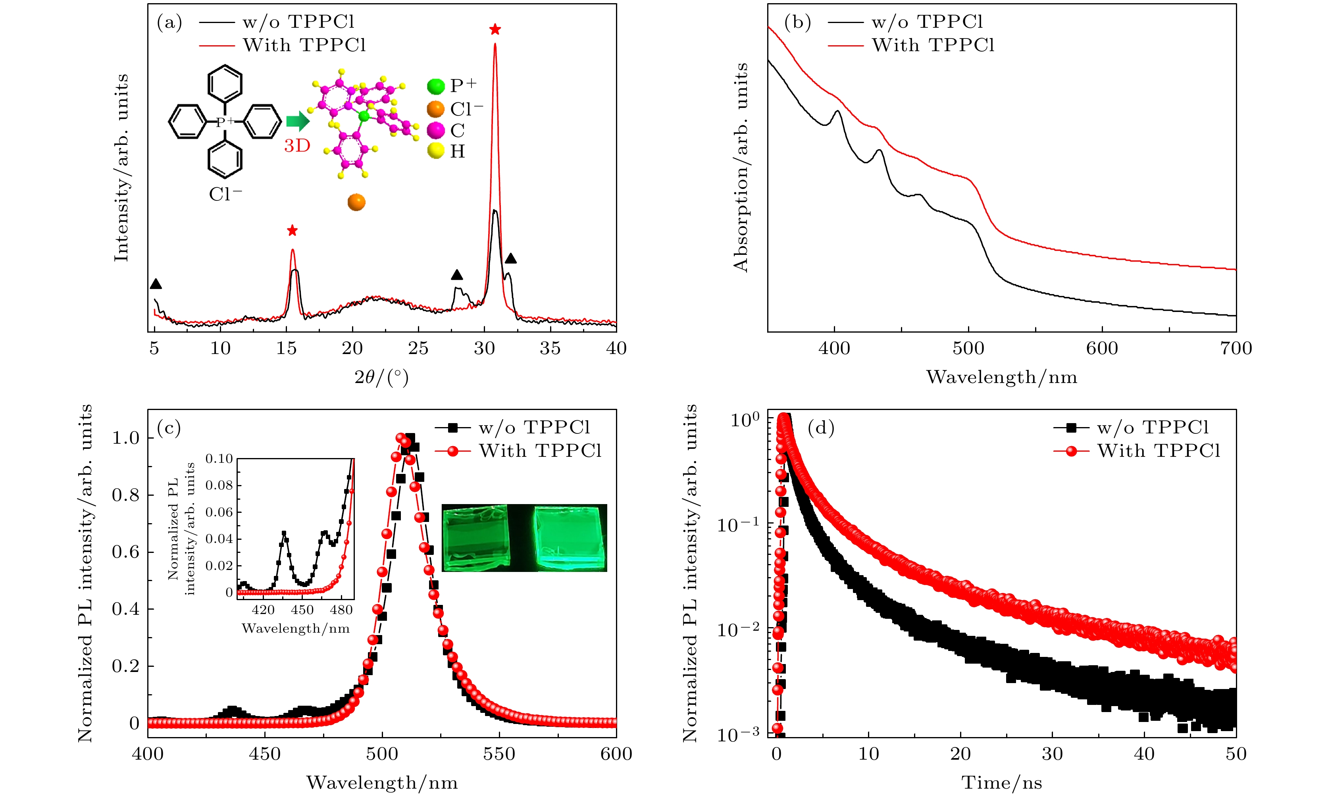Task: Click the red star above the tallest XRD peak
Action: click(495, 29)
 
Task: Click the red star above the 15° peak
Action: click(292, 231)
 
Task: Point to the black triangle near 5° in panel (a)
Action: click(156, 284)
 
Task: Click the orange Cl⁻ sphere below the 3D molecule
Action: click(356, 202)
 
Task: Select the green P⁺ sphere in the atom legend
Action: click(435, 86)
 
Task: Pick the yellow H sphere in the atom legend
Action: click(435, 151)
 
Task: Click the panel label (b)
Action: click(797, 23)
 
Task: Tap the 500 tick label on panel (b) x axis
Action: click(968, 348)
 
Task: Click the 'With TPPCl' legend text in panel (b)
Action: click(933, 45)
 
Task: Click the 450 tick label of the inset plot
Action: click(302, 610)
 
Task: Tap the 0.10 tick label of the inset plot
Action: click(219, 459)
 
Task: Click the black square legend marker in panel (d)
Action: click(1071, 428)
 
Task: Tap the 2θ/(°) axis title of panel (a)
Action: click(381, 377)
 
